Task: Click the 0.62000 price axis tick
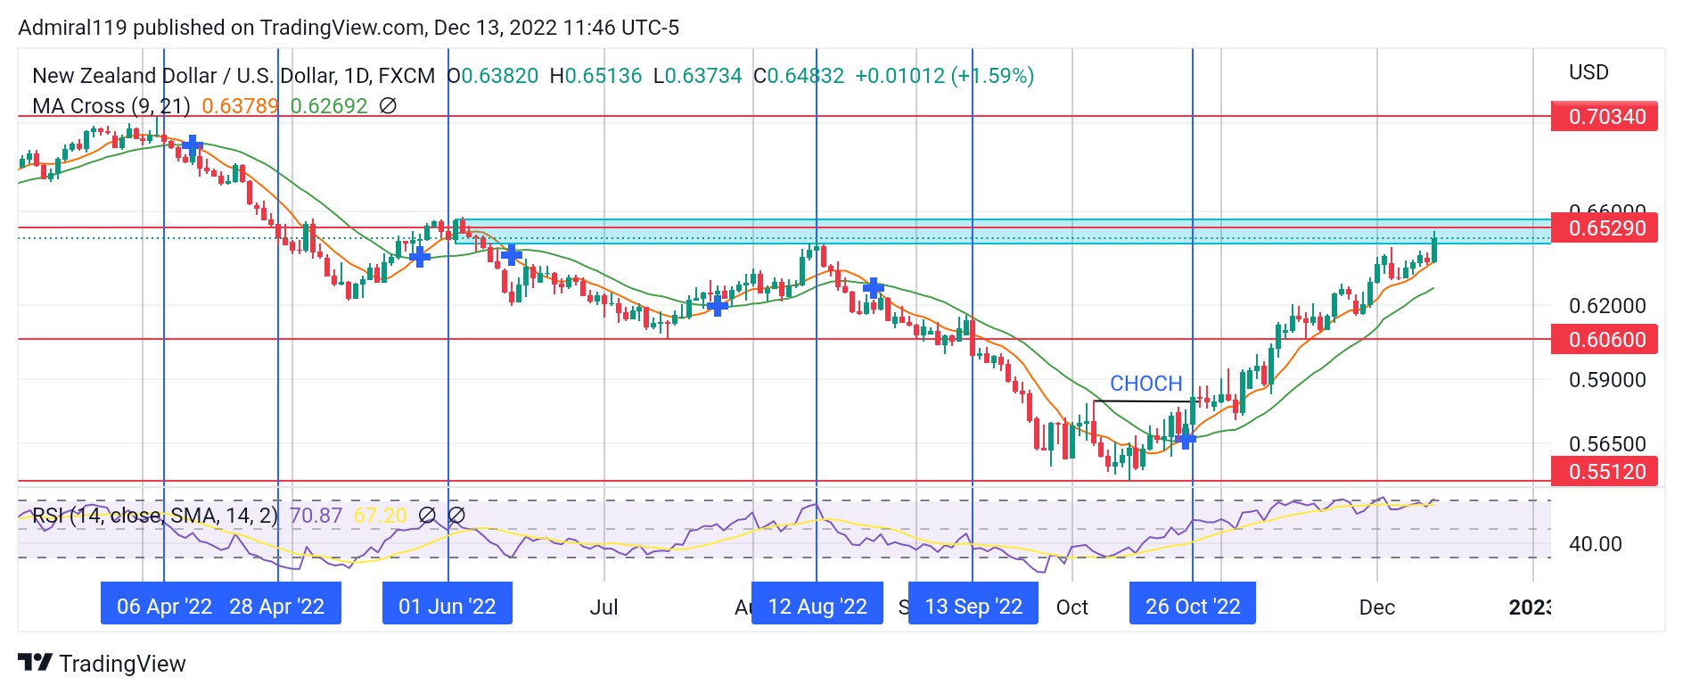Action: (x=1606, y=306)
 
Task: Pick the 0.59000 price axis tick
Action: (x=1606, y=380)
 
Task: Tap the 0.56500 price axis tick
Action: (x=1606, y=444)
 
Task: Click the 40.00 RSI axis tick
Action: (x=1595, y=544)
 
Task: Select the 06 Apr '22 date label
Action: (x=164, y=607)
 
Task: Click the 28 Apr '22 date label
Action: (x=277, y=607)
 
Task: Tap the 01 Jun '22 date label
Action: (x=447, y=607)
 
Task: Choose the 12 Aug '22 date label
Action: (x=817, y=607)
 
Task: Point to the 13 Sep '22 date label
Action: (x=973, y=607)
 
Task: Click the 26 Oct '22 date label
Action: (x=1193, y=607)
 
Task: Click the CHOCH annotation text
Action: (x=1145, y=384)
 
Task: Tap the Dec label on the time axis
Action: (x=1376, y=607)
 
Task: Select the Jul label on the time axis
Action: (x=603, y=607)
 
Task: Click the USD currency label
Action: (x=1589, y=72)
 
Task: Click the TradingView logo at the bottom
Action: (x=103, y=664)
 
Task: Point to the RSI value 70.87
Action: (x=316, y=516)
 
